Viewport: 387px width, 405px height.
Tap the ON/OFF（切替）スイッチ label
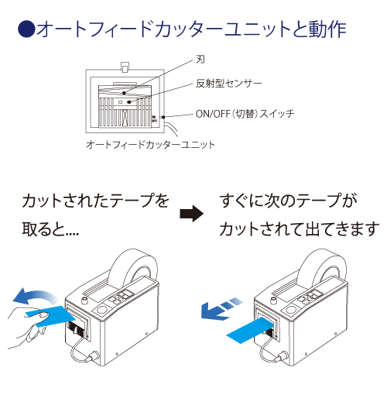tap(245, 114)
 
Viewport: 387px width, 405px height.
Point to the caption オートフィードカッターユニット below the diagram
tap(149, 145)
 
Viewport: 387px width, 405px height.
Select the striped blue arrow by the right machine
tap(219, 307)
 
